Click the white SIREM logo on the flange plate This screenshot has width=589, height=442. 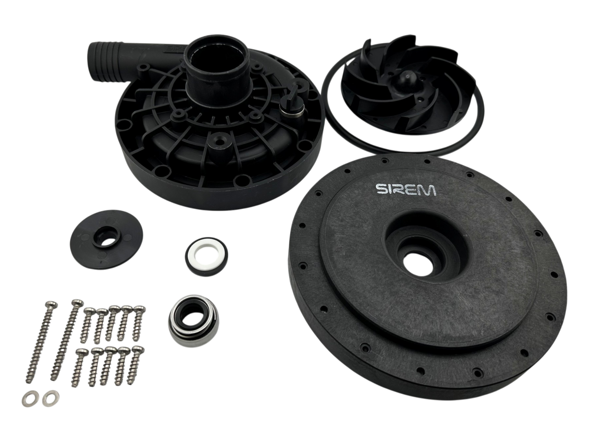[x=406, y=189]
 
